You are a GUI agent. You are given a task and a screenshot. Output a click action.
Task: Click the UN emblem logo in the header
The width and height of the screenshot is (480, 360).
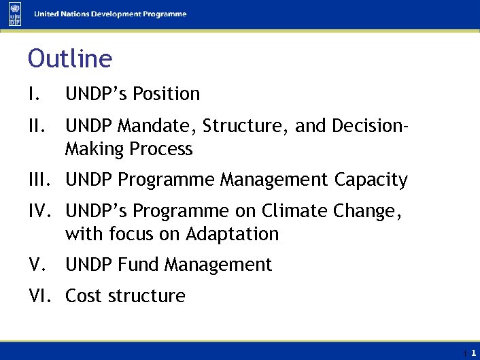coord(15,14)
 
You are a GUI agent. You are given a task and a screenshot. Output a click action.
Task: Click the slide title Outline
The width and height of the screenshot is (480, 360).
coord(70,59)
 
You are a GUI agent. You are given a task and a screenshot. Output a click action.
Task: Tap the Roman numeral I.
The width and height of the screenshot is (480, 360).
coord(35,94)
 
